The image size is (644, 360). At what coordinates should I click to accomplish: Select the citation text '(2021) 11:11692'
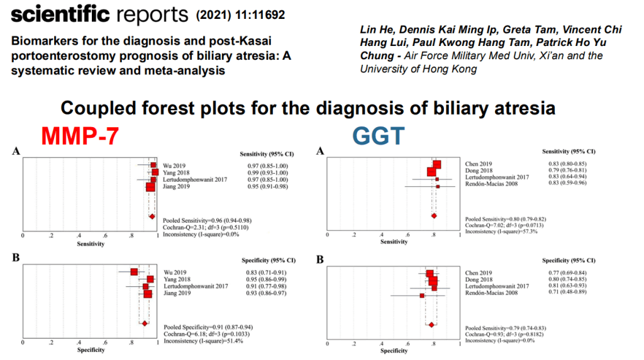point(239,13)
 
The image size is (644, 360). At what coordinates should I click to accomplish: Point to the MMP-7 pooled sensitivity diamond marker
point(152,216)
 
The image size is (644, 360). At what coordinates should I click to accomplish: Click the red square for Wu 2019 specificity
point(134,272)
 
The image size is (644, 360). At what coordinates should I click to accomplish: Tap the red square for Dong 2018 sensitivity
point(432,172)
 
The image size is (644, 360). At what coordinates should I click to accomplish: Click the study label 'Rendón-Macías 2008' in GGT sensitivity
point(487,187)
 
